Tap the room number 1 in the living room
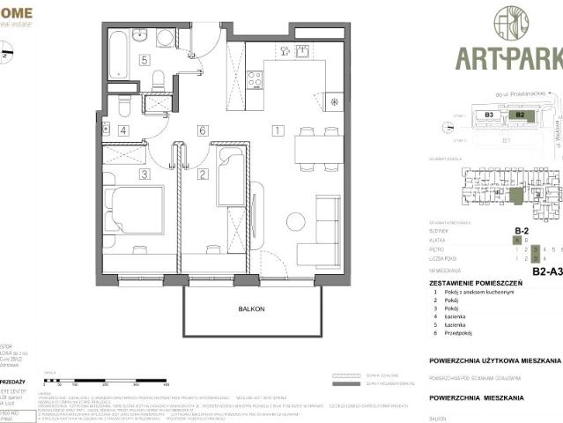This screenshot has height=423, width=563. click(x=277, y=130)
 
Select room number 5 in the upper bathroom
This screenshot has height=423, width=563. click(x=143, y=61)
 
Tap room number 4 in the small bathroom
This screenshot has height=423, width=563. click(x=122, y=130)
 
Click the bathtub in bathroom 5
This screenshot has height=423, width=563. click(x=119, y=56)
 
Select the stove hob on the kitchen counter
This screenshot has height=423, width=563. click(x=256, y=79)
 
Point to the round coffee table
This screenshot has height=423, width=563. click(x=295, y=221)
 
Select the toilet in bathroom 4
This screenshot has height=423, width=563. click(x=124, y=106)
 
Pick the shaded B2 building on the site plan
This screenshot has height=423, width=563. click(x=520, y=115)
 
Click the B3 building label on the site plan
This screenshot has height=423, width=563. click(x=488, y=115)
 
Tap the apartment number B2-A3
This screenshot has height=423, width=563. click(x=546, y=272)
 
